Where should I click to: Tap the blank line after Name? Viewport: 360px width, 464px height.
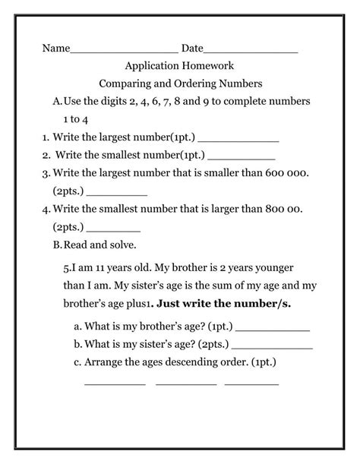[124, 52]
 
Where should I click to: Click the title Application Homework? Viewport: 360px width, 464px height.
[179, 66]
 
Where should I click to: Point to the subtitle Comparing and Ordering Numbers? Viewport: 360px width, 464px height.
[180, 84]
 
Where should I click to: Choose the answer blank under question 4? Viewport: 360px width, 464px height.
[114, 230]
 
